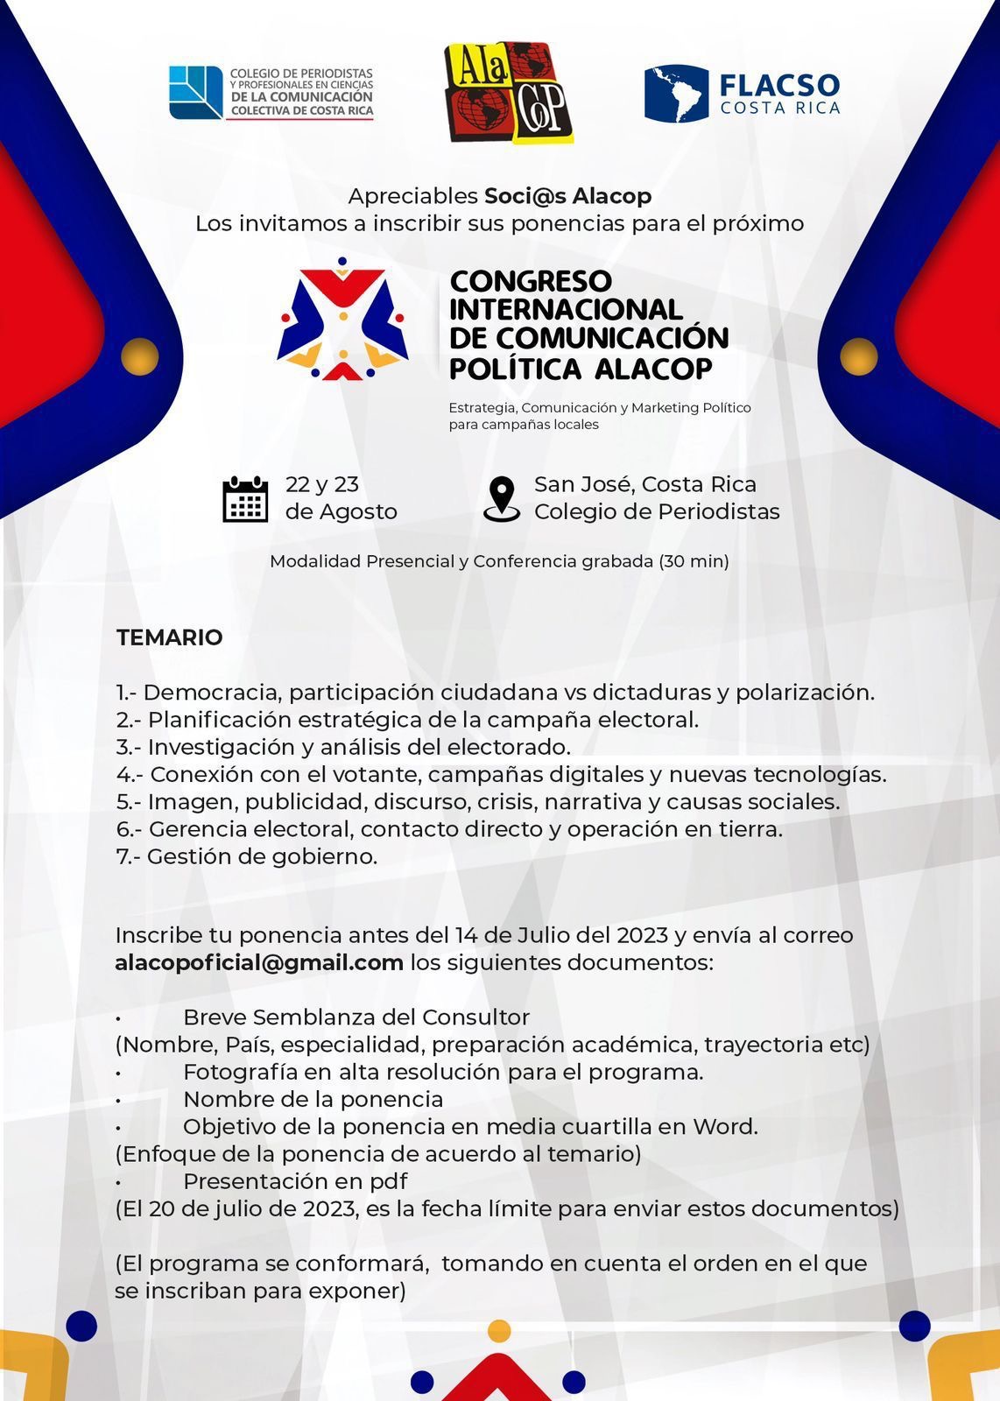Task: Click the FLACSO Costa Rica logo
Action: click(743, 94)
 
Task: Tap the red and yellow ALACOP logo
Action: click(509, 92)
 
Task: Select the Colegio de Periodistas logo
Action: click(271, 93)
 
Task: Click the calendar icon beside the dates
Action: click(245, 499)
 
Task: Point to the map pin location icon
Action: click(501, 499)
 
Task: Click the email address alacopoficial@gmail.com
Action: click(259, 962)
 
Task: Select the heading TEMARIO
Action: click(170, 637)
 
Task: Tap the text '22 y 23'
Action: click(322, 484)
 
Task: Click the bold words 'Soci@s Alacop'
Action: click(567, 195)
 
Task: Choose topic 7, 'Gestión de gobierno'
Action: click(247, 856)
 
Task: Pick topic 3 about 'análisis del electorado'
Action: click(343, 747)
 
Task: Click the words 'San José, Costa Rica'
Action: click(645, 484)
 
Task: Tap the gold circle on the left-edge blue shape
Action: click(139, 356)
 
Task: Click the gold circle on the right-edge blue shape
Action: click(858, 356)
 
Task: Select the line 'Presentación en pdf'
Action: click(295, 1181)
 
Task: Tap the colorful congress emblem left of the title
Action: click(343, 319)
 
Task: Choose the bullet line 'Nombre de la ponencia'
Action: click(313, 1099)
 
